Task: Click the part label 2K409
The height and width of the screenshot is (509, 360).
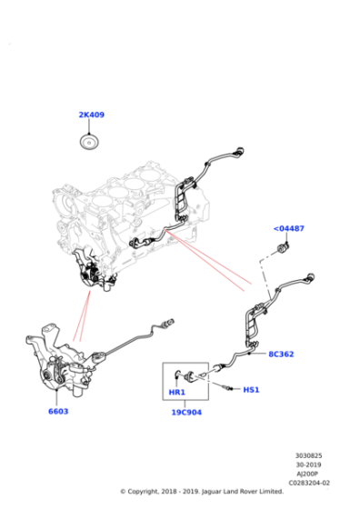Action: pyautogui.click(x=92, y=115)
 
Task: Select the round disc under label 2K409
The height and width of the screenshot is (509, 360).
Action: pyautogui.click(x=89, y=142)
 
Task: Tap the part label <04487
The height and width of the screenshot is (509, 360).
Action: pyautogui.click(x=289, y=228)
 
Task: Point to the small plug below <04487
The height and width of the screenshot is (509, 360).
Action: pyautogui.click(x=283, y=249)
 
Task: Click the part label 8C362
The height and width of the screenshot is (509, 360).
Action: pyautogui.click(x=281, y=354)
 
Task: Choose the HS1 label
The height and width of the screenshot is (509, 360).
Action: pyautogui.click(x=251, y=390)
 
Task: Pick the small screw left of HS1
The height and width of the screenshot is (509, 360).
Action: pyautogui.click(x=227, y=387)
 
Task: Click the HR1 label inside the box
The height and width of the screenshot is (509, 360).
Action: pyautogui.click(x=177, y=392)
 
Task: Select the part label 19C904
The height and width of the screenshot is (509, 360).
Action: pyautogui.click(x=186, y=413)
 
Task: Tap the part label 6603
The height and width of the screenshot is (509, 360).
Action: pyautogui.click(x=58, y=411)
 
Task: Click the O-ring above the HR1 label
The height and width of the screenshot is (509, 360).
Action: pyautogui.click(x=178, y=374)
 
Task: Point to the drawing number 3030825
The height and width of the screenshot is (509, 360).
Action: pyautogui.click(x=309, y=455)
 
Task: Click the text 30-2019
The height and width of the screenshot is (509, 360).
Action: pyautogui.click(x=309, y=464)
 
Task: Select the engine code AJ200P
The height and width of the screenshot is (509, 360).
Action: pyautogui.click(x=308, y=474)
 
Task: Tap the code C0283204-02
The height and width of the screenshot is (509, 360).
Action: pyautogui.click(x=309, y=483)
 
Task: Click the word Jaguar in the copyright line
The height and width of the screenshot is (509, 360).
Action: pyautogui.click(x=212, y=492)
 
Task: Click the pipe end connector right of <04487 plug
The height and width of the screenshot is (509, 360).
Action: pyautogui.click(x=309, y=277)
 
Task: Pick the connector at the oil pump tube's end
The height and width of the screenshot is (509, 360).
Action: pyautogui.click(x=169, y=323)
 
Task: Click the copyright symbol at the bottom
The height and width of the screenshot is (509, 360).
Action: pyautogui.click(x=123, y=492)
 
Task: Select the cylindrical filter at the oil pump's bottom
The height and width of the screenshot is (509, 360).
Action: pyautogui.click(x=77, y=391)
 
